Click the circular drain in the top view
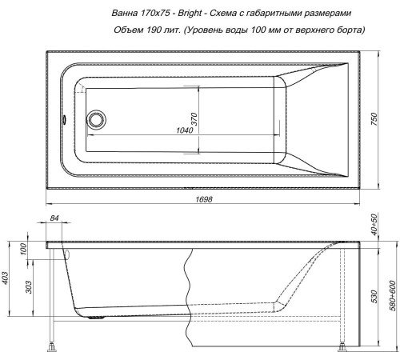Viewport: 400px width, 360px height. coord(98,121)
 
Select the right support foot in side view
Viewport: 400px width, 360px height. coord(344,347)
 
